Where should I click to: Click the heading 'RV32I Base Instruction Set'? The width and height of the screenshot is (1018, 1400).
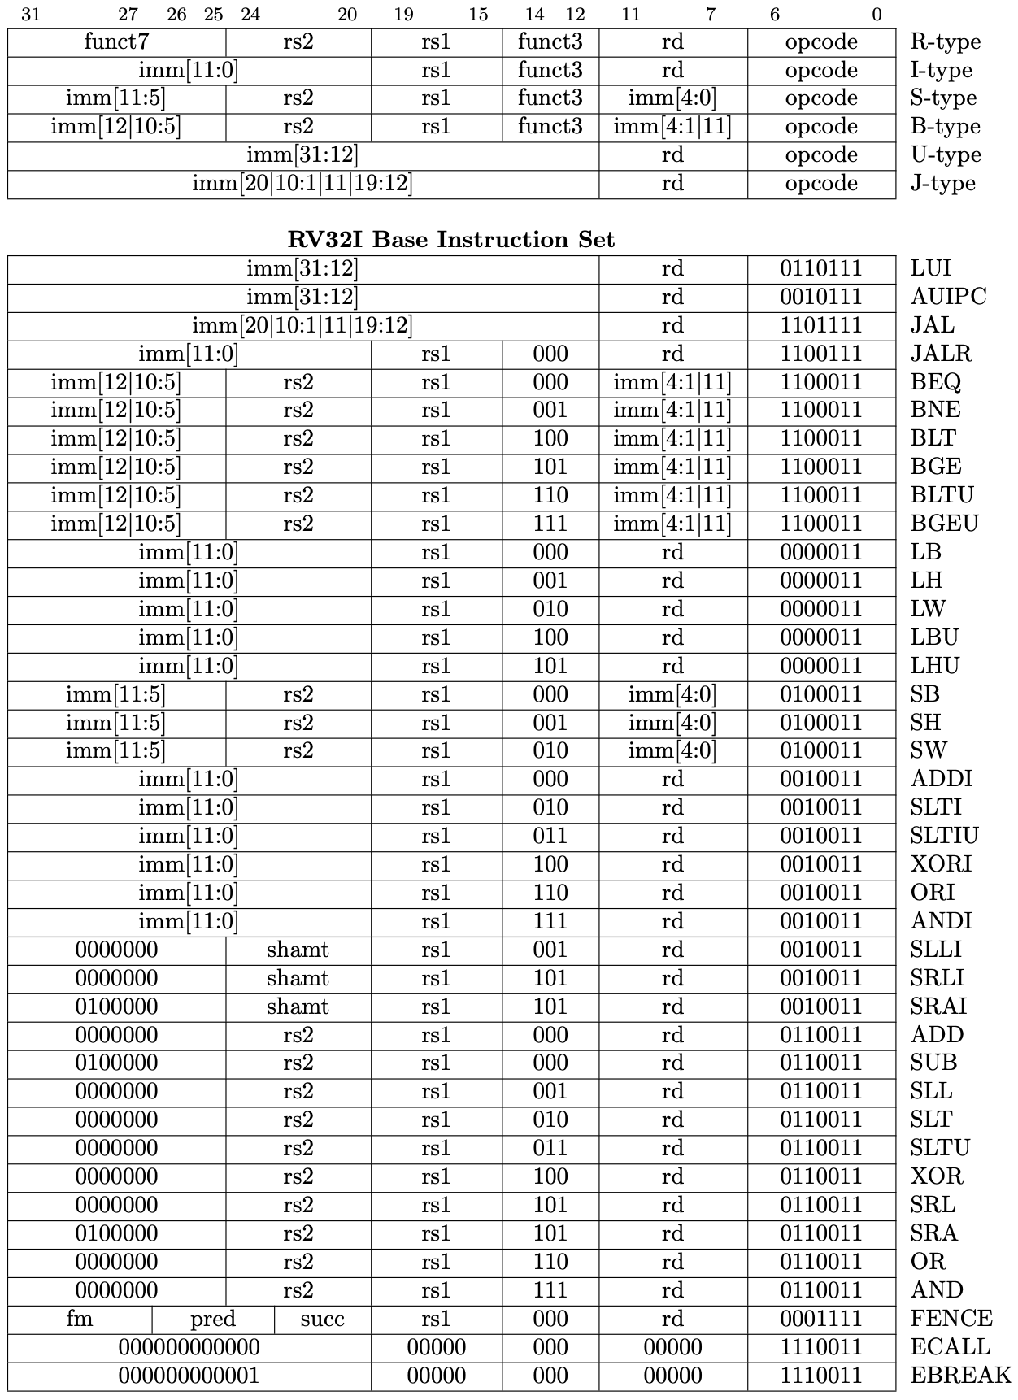tap(451, 240)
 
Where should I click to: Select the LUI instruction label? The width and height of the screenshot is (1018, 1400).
tap(930, 268)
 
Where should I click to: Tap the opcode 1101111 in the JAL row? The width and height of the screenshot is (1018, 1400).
tap(821, 325)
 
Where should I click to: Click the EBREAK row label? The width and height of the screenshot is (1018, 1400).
tap(960, 1376)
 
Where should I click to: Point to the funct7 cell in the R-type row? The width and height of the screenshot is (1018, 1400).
tap(116, 41)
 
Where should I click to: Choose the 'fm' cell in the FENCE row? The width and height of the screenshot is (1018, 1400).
tap(80, 1319)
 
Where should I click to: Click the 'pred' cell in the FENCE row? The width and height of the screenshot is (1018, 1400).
tap(213, 1319)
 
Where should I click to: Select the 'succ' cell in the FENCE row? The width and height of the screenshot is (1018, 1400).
tap(323, 1319)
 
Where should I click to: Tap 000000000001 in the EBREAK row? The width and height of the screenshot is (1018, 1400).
tap(189, 1376)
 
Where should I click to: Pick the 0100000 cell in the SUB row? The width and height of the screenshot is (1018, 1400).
tap(116, 1063)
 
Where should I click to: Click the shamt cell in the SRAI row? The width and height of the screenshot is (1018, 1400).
tap(298, 1007)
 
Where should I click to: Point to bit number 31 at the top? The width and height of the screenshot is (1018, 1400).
tap(31, 14)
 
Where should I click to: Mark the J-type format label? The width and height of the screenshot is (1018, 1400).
tap(942, 184)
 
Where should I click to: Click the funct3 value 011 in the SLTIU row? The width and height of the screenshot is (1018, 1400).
tap(550, 836)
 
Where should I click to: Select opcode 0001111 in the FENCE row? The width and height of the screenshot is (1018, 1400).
tap(821, 1319)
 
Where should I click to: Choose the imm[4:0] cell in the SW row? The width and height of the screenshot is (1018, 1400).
tap(672, 750)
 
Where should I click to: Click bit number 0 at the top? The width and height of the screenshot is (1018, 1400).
tap(877, 14)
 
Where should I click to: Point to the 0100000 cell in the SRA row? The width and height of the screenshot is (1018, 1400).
tap(116, 1233)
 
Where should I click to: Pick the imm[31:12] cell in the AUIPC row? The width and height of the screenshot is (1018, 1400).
tap(302, 297)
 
